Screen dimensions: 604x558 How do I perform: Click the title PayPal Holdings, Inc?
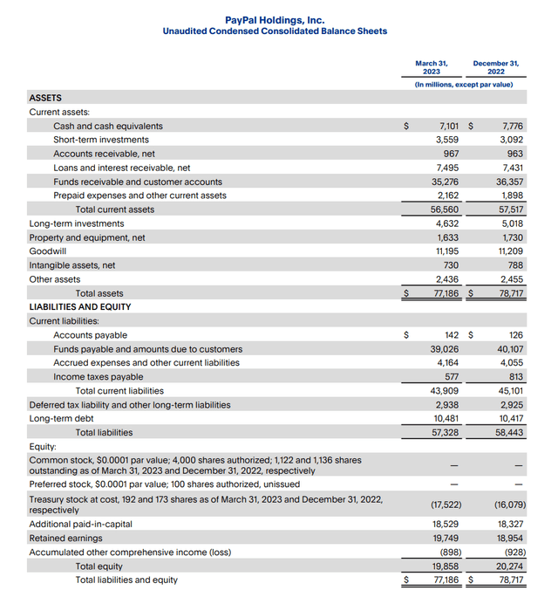pos(275,19)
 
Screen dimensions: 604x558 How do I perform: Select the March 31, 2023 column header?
pos(432,67)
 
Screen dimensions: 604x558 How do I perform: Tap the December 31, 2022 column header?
pos(495,67)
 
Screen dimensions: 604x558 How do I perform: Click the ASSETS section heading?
pos(45,98)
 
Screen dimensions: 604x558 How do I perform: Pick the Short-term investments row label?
pos(100,140)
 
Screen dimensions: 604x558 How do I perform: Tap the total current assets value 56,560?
pos(446,209)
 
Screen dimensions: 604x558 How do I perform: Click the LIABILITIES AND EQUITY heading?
pos(80,307)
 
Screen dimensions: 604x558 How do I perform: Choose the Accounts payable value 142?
pos(451,335)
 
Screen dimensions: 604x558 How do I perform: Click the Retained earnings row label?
pos(65,539)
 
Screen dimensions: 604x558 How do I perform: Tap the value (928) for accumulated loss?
pos(510,553)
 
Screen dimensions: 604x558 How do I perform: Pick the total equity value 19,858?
pos(446,566)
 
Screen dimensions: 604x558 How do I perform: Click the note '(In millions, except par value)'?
pos(463,85)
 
